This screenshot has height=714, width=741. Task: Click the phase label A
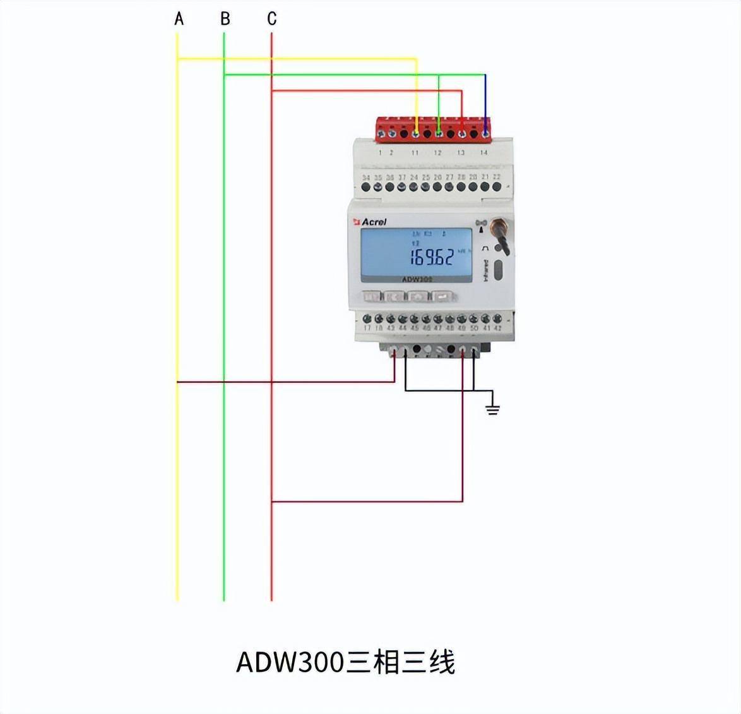(179, 19)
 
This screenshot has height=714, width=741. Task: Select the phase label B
(225, 19)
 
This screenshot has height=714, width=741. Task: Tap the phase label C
(272, 19)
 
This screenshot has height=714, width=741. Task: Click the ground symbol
(492, 409)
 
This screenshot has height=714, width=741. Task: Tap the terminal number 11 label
(415, 153)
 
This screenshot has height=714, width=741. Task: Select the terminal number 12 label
(437, 153)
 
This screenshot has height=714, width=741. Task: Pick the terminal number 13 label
(461, 153)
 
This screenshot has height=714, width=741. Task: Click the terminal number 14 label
(484, 153)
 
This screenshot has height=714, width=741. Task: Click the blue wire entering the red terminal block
(485, 101)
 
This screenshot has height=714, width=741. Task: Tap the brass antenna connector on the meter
(498, 225)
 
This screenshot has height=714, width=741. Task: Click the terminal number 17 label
(367, 329)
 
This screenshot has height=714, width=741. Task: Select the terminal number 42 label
(497, 329)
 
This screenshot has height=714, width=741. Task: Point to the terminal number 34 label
(366, 178)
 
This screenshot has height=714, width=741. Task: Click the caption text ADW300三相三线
(346, 662)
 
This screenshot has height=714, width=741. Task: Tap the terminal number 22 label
(497, 178)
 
